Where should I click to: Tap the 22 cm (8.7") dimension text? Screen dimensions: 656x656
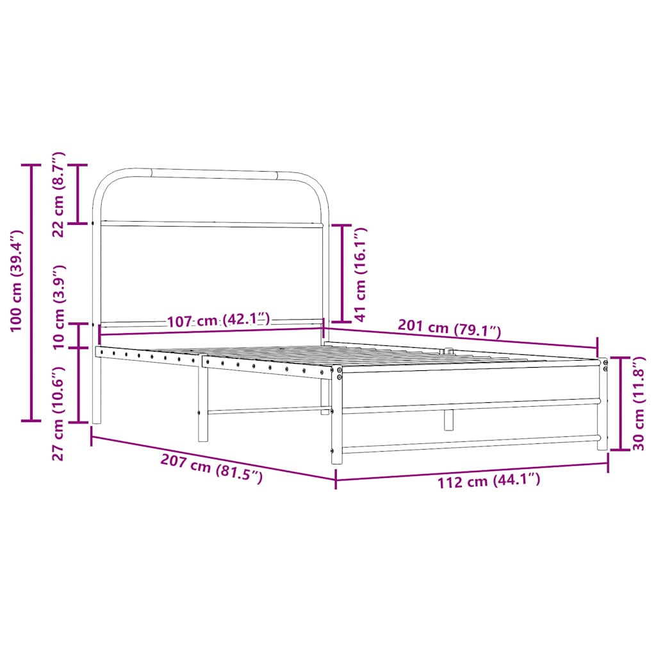pos(58,195)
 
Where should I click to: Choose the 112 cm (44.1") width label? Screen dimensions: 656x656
pos(489,480)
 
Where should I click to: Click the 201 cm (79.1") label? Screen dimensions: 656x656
pos(448,329)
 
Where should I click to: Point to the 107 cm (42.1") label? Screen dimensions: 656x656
pos(219,320)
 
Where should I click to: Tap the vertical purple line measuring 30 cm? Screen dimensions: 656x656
pos(620,404)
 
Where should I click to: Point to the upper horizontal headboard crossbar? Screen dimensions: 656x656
pos(211,225)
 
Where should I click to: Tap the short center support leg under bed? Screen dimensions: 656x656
pos(448,420)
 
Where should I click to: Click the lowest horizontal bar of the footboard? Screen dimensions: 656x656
pos(471,443)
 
